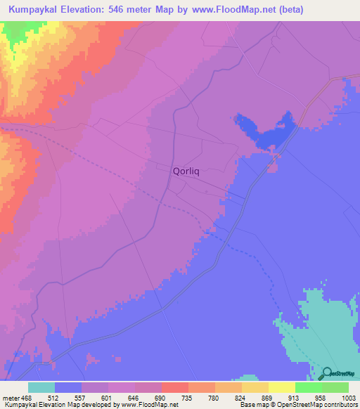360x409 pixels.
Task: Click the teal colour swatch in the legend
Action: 41,387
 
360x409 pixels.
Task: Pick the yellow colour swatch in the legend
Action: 281,387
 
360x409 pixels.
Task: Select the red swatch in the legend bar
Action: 174,387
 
